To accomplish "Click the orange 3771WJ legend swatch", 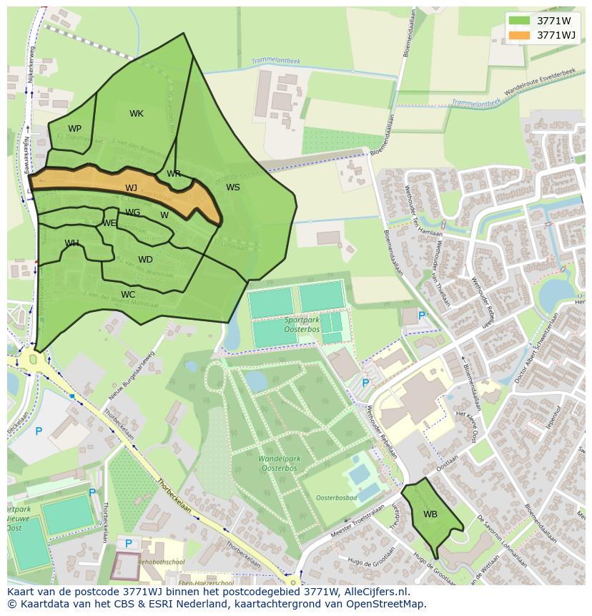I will tap(519, 35).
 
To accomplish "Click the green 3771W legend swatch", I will tap(519, 21).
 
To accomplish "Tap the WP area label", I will tap(74, 129).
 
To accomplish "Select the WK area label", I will tap(137, 114).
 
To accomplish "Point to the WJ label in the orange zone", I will tap(131, 188).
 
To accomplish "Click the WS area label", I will tap(233, 187).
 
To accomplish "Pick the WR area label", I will tap(174, 174).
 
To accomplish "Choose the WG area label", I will tap(133, 212).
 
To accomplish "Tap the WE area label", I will tap(109, 223).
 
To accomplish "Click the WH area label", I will tap(71, 243).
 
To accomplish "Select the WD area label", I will tap(145, 260).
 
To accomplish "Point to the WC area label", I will tap(128, 295).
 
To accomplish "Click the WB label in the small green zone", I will tap(430, 514).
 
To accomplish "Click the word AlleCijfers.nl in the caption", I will tap(375, 592).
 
